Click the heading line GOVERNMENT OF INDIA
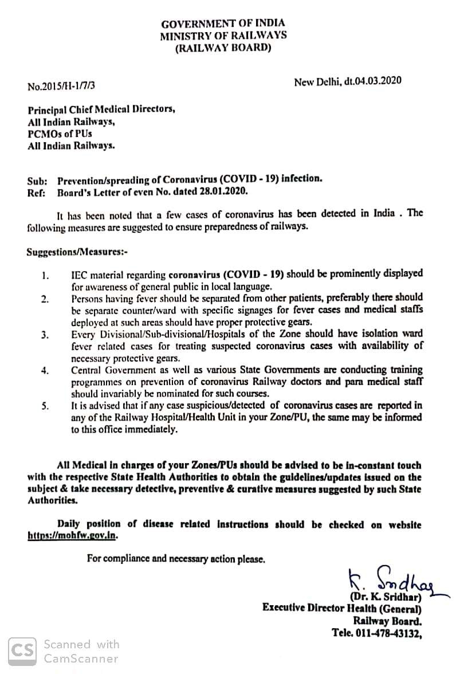(223, 24)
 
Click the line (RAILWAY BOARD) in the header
(223, 48)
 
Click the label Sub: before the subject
(37, 179)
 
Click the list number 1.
(45, 275)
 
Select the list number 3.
(45, 335)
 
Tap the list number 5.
(45, 406)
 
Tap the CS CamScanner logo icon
(23, 651)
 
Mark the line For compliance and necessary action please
(176, 558)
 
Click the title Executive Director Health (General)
(342, 609)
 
